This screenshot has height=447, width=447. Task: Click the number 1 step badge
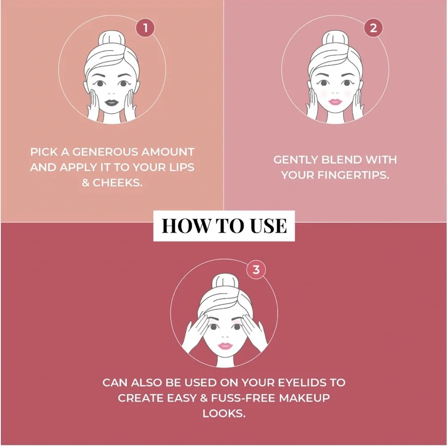tap(145, 28)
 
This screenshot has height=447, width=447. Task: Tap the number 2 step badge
tap(373, 28)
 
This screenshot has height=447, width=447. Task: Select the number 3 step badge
tap(256, 270)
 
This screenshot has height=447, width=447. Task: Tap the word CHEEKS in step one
tap(118, 183)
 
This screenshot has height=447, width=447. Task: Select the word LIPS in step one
tap(181, 167)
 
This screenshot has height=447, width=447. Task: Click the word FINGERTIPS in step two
tap(353, 175)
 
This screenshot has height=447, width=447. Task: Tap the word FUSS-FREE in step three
tap(243, 398)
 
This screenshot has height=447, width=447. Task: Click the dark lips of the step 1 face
tap(111, 102)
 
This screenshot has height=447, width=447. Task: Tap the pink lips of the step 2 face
tap(335, 102)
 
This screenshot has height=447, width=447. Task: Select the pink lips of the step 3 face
tap(225, 346)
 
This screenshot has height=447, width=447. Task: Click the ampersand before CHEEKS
tap(85, 183)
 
